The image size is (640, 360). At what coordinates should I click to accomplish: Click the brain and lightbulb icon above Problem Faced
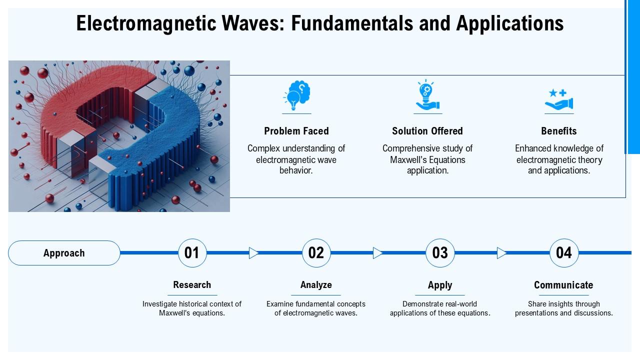pos(296,95)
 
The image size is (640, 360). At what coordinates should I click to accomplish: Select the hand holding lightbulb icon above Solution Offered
pos(427,95)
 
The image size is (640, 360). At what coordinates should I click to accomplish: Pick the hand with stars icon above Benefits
pos(558,99)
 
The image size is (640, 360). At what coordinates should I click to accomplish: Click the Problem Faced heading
pos(296,131)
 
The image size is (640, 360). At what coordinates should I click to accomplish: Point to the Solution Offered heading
pos(427,131)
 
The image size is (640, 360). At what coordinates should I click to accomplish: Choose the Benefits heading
pos(558,131)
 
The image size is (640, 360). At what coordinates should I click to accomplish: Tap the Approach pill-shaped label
pos(64,253)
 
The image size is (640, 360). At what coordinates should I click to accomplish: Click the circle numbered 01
pos(192,253)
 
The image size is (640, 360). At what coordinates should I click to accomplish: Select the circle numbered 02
pos(316,253)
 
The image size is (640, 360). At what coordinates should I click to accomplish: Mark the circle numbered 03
pos(440,253)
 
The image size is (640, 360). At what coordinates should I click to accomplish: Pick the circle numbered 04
pos(564,253)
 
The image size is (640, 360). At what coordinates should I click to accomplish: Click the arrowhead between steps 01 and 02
pos(253,253)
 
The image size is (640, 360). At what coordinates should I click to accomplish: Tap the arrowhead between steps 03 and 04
pos(501,253)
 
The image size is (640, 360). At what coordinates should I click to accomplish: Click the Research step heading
pos(192,285)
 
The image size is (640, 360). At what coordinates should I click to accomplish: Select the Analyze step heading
pos(316,285)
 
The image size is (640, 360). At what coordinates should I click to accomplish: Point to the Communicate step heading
pos(563,285)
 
